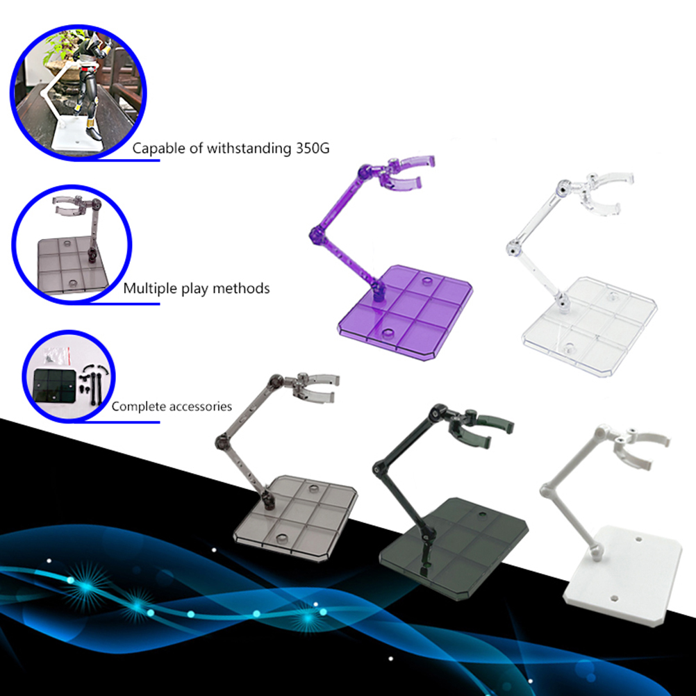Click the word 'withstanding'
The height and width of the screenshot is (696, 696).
[x=249, y=149]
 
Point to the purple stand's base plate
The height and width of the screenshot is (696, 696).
[x=405, y=312]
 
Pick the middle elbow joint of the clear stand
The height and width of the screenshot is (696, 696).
[x=514, y=249]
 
